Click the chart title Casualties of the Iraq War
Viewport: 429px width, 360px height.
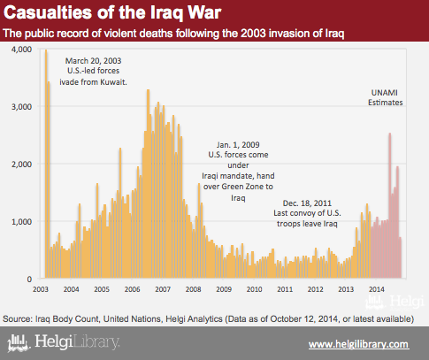(112, 13)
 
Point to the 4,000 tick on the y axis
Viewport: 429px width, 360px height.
(21, 49)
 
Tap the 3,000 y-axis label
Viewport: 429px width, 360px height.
(21, 106)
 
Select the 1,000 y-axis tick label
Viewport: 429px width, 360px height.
(21, 221)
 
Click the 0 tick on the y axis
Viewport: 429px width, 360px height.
(29, 279)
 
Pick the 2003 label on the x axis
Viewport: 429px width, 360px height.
(41, 289)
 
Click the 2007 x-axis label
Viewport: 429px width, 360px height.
(163, 289)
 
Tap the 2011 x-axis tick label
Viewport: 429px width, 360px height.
(285, 289)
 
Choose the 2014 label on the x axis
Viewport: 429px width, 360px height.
(377, 289)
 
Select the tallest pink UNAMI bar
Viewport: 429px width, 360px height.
(390, 205)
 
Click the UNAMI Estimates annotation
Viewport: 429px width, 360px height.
(385, 97)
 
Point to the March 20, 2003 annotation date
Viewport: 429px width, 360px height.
(93, 61)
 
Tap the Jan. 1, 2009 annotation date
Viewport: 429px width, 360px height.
(238, 145)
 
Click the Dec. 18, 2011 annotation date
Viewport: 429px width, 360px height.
(307, 203)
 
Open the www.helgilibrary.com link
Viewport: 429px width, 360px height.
(359, 344)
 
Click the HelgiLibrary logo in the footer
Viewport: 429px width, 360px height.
(64, 342)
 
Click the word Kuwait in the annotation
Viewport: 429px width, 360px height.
(113, 82)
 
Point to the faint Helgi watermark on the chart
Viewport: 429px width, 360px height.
(395, 303)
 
